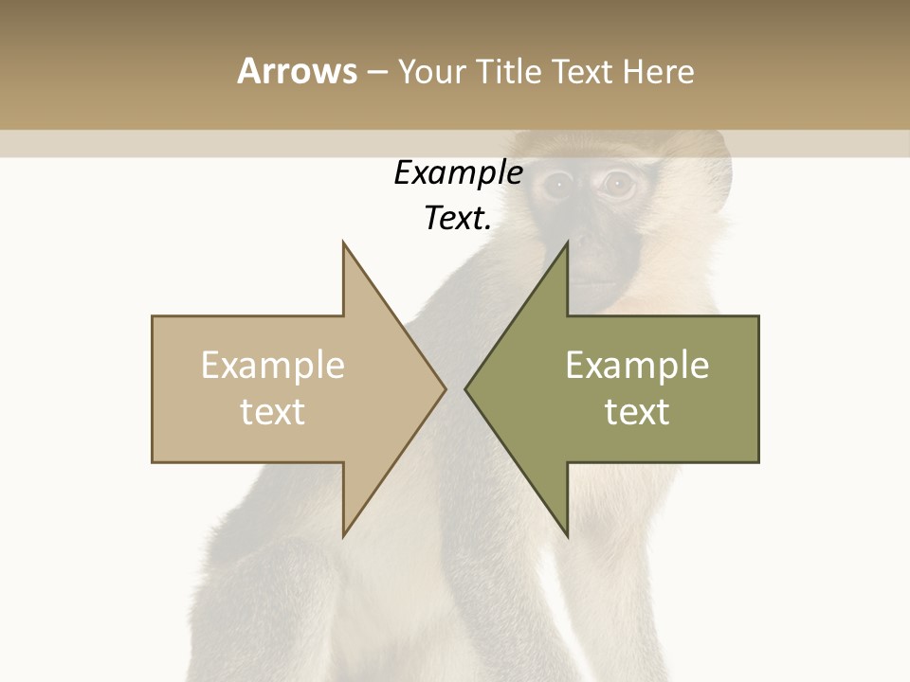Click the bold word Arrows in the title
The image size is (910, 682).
tap(297, 71)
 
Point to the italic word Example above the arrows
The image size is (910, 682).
tap(458, 173)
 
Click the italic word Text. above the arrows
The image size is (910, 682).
tap(458, 218)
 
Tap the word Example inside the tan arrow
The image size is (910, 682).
tap(273, 366)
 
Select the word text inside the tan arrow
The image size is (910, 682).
tap(273, 412)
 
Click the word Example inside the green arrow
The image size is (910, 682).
tap(637, 366)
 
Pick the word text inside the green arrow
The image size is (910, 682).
tap(637, 412)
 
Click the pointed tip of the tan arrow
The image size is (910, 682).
tap(445, 388)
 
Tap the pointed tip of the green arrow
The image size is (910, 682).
tap(466, 388)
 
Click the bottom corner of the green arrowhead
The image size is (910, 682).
tap(567, 535)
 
